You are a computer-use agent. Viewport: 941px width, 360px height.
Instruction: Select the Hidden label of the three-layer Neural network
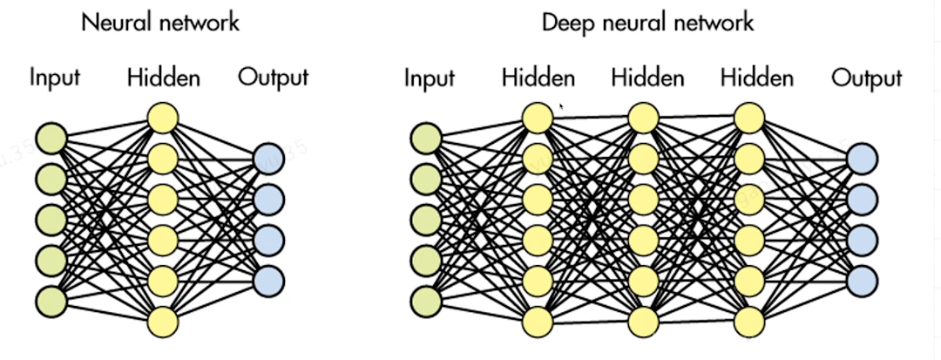(x=163, y=78)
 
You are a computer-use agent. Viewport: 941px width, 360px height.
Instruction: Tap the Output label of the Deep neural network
(x=866, y=79)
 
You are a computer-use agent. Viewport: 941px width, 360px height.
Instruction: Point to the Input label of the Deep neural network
(x=429, y=79)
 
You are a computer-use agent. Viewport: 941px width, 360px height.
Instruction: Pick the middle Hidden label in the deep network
(x=647, y=78)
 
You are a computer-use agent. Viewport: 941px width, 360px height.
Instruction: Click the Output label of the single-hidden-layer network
(x=273, y=78)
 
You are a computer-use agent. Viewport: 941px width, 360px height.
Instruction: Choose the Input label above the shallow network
(x=54, y=78)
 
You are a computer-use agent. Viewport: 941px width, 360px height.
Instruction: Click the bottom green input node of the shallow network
(x=51, y=300)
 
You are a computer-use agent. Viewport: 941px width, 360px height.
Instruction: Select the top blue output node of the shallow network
(x=269, y=159)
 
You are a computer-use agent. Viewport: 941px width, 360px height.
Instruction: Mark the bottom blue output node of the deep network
(x=863, y=281)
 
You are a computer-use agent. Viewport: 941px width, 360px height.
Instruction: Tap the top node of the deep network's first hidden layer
(x=538, y=118)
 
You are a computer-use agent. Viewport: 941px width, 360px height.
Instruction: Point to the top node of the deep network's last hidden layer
(x=750, y=118)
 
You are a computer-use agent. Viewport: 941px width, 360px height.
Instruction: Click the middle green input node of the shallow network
(x=51, y=219)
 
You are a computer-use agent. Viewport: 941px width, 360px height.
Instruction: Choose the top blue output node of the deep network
(x=863, y=159)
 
